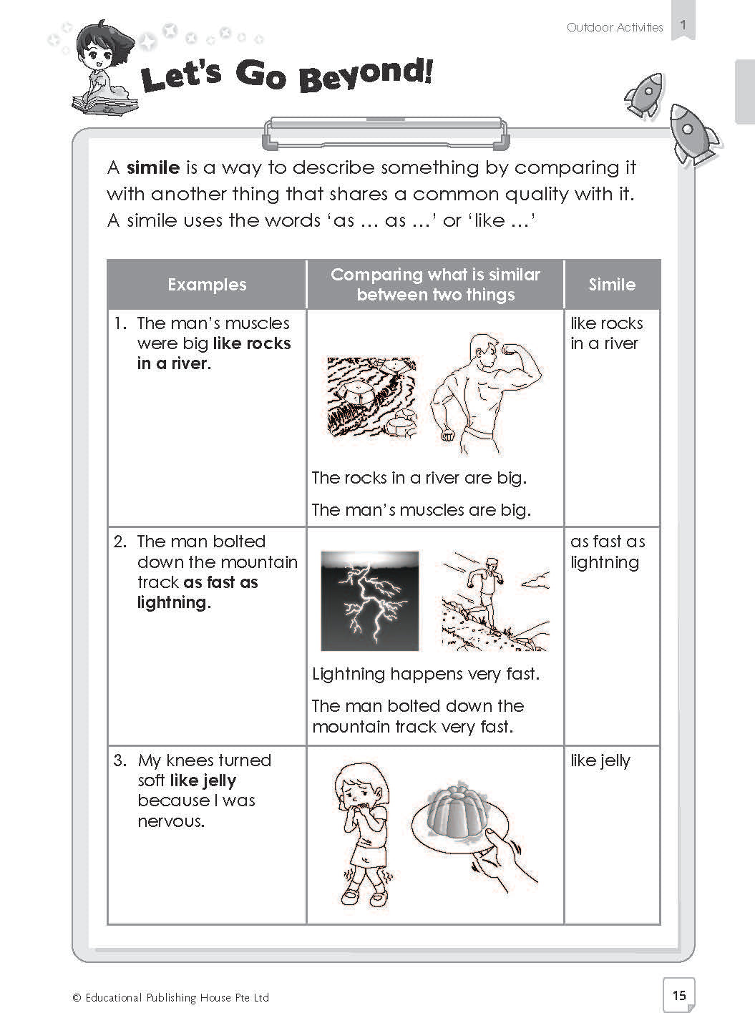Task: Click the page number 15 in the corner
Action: [x=679, y=994]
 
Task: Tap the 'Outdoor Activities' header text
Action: [x=615, y=27]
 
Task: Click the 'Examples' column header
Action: [x=207, y=285]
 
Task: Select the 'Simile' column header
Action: [x=612, y=285]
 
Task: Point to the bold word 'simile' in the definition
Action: [x=153, y=168]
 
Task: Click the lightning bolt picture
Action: [x=370, y=601]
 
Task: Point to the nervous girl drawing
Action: [x=361, y=833]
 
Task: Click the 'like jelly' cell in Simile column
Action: [x=600, y=760]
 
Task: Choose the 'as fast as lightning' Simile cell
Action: [x=608, y=552]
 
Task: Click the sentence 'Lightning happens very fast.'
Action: [x=426, y=674]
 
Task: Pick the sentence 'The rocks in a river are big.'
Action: [x=419, y=478]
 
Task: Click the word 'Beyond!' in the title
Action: [x=366, y=75]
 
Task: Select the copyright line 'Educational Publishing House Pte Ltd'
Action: [x=176, y=997]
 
